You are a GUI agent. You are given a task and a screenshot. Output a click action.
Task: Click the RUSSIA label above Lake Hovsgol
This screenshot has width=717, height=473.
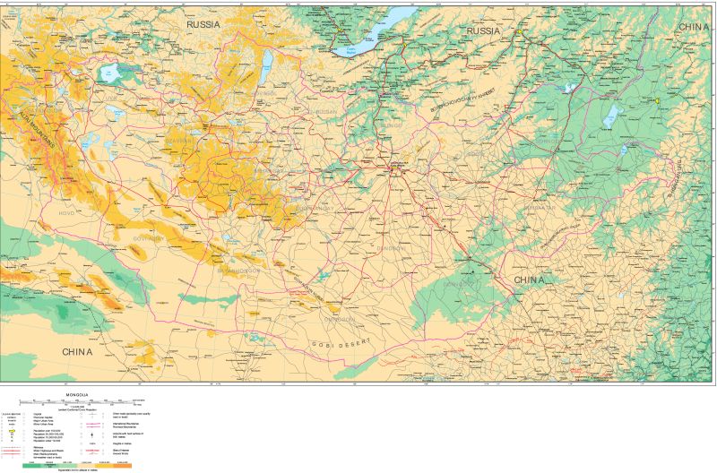203,25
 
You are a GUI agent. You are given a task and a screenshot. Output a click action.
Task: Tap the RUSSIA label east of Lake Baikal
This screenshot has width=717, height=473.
482,30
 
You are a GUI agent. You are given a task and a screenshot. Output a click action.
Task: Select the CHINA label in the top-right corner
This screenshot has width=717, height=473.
693,27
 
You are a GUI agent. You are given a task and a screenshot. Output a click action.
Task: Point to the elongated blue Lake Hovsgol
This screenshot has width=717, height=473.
266,64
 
